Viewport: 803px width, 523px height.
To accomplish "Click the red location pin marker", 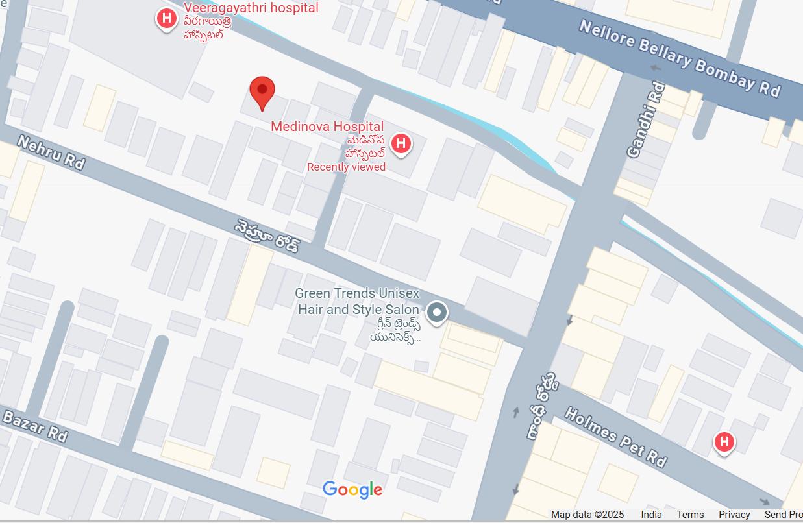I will point(262,91).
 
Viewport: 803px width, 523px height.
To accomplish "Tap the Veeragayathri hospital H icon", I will point(167,18).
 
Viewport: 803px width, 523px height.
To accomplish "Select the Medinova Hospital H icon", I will point(401,143).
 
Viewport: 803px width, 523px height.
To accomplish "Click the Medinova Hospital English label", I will point(327,127).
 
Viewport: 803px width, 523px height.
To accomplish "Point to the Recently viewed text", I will point(346,167).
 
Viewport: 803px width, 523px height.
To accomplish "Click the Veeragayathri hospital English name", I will point(251,8).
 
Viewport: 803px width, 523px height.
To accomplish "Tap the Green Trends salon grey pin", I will point(437,313).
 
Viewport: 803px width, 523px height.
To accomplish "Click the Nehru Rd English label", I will point(50,152).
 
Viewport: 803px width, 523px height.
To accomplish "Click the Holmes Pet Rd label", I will point(615,436).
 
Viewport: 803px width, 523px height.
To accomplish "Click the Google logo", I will point(352,490).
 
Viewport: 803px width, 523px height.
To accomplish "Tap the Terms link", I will point(690,515).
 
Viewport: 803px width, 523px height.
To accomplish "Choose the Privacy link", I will point(734,515).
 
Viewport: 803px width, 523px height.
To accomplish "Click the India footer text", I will point(651,515).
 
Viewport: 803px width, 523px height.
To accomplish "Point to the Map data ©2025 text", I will point(587,515).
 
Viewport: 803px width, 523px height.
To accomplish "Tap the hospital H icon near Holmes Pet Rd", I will point(724,443).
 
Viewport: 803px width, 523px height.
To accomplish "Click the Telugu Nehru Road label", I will point(267,236).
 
